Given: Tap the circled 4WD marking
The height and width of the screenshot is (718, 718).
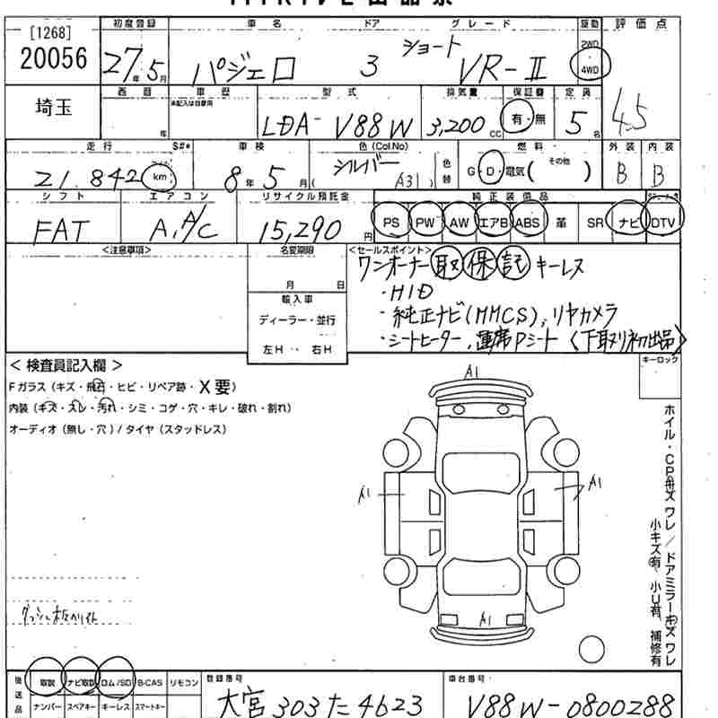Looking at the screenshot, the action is point(590,65).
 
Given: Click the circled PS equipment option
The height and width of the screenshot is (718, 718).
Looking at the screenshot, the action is point(390,221).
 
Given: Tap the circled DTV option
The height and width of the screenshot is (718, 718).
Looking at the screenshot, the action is point(664,221).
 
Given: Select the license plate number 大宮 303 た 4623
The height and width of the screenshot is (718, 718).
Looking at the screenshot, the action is point(321,701).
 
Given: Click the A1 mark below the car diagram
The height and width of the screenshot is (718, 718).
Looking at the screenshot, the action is point(484,620).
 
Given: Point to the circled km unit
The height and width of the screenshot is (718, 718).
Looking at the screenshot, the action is point(159,177).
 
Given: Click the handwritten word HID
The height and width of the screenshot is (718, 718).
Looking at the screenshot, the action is point(412,293).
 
